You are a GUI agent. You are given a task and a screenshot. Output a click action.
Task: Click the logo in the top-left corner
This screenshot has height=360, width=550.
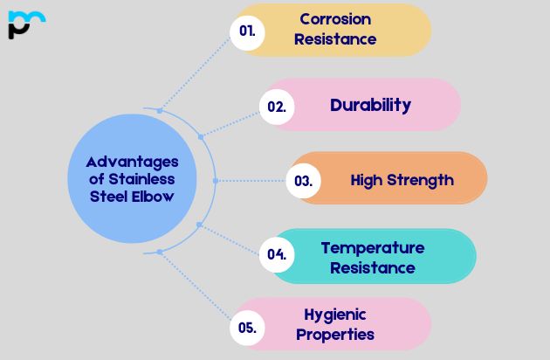coord(25,24)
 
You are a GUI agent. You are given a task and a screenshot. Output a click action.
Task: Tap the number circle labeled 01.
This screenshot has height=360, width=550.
coord(247,30)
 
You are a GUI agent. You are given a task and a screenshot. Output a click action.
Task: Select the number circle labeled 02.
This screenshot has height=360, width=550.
coord(277,107)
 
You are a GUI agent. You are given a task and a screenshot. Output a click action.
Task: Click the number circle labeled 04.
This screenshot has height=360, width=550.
coord(277,255)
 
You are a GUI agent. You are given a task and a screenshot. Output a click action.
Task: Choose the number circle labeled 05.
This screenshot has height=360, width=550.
coord(247,328)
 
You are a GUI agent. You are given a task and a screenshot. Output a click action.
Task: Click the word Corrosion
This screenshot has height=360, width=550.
coord(335,19)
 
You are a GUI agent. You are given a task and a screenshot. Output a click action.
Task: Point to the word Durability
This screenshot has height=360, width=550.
coord(370,106)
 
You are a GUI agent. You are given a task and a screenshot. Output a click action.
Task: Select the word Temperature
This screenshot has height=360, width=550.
coord(372,248)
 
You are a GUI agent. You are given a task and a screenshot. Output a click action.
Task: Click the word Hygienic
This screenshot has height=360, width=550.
coord(335,315)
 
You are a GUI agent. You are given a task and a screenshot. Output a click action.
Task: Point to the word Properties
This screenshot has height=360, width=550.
coord(335,335)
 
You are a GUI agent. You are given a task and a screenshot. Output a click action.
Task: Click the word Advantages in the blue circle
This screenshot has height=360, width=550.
coord(132,162)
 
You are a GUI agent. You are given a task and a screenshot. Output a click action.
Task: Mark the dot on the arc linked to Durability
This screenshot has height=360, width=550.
coord(201,136)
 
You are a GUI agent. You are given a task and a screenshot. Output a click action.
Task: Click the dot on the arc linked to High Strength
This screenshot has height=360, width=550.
coord(215,181)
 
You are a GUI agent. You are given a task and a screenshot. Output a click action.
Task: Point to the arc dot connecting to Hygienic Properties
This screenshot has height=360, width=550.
coord(159,252)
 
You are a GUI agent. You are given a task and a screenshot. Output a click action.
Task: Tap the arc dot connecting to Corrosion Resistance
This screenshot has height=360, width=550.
coord(159,110)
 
